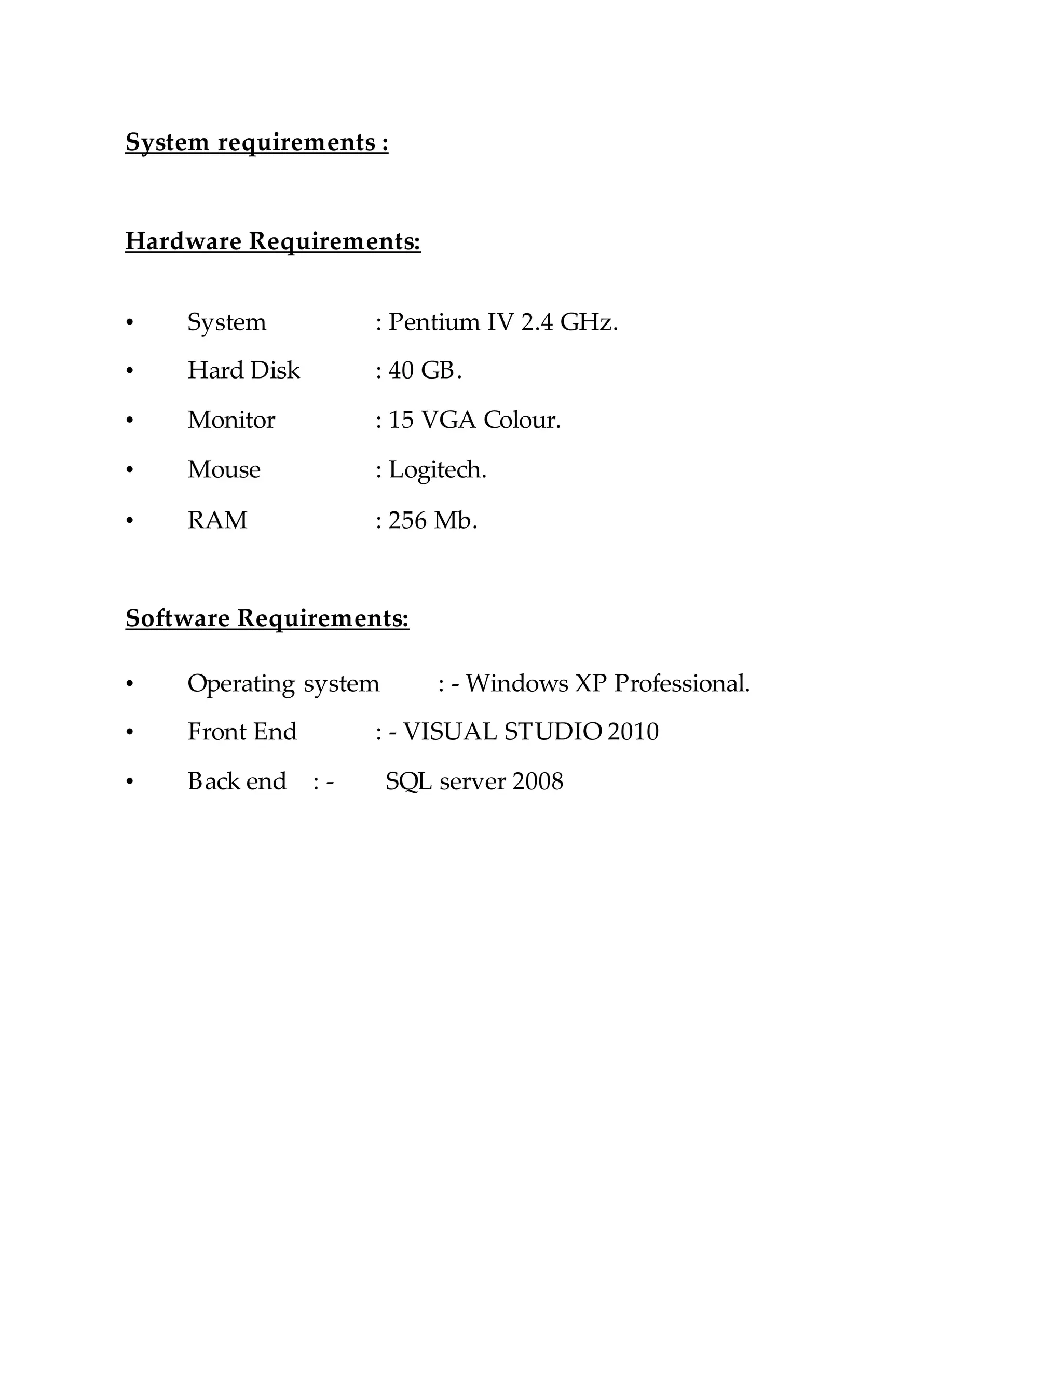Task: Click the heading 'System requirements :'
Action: click(257, 142)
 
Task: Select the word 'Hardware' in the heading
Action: click(183, 241)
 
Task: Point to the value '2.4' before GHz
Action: click(537, 322)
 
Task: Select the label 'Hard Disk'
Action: click(244, 370)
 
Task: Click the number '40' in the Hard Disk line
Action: click(401, 370)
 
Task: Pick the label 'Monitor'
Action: click(231, 420)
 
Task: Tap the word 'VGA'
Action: click(448, 420)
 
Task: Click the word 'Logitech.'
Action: click(438, 470)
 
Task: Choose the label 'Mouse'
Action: click(224, 469)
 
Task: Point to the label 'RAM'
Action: click(217, 520)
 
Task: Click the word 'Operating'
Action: click(241, 684)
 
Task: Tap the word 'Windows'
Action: click(516, 684)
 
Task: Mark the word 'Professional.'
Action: click(682, 684)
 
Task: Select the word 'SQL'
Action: click(408, 782)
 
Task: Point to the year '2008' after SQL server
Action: click(538, 782)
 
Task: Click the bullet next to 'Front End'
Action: click(130, 732)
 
